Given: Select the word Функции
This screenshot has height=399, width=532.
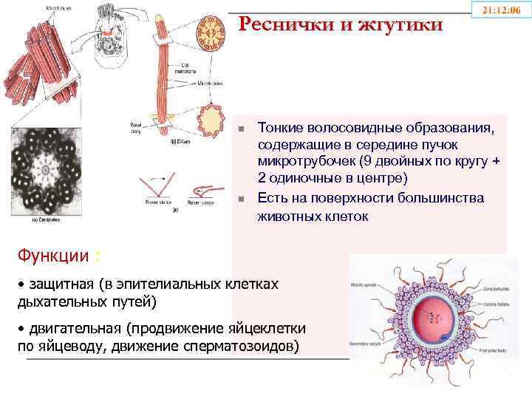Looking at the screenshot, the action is point(51,255).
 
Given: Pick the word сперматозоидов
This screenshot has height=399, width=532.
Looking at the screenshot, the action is point(246,345).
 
